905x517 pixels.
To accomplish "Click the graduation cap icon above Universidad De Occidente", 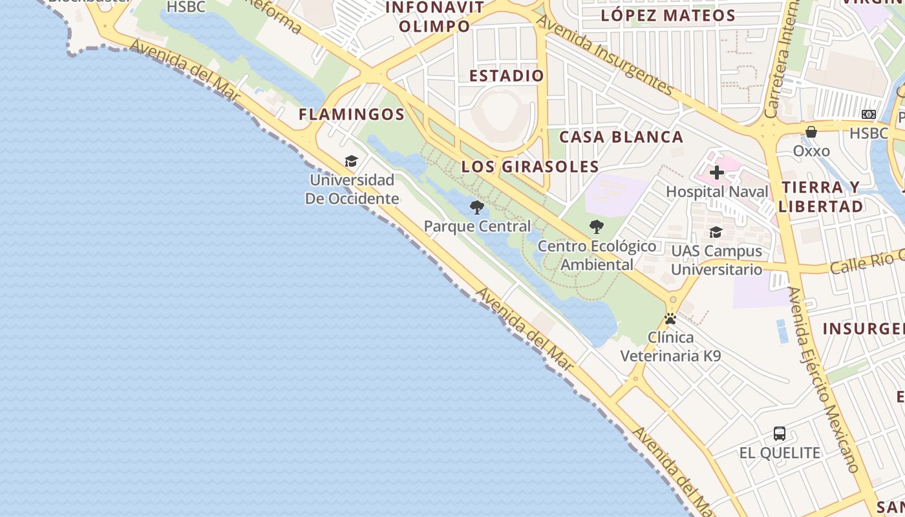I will [351, 161].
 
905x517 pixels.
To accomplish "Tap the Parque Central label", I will [477, 226].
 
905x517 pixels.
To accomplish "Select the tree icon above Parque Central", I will [477, 207].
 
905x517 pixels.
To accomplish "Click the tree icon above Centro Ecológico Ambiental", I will [597, 227].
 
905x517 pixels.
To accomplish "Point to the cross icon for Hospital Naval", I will [717, 173].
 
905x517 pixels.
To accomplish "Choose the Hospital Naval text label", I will [717, 192].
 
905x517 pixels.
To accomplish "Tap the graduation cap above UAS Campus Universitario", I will [716, 232].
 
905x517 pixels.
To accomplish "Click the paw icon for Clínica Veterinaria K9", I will [670, 319].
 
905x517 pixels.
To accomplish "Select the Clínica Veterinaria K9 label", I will [670, 346].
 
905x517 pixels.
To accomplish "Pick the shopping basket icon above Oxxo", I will [811, 132].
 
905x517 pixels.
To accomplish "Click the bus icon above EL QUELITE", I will [780, 434].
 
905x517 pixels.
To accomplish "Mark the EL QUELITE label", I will [780, 453].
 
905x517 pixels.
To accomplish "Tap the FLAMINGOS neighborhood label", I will [352, 115].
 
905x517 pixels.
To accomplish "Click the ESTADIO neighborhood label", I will [507, 76].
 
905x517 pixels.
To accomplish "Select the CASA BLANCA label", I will [621, 137].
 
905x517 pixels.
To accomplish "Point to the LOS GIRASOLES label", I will [530, 167].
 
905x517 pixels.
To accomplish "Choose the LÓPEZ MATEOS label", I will [668, 16].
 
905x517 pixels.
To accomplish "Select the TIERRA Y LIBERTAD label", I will [821, 197].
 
